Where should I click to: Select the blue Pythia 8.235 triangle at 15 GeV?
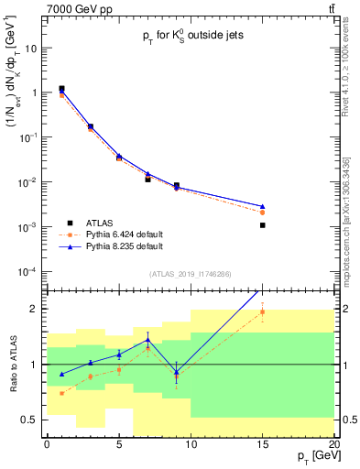point(262,206)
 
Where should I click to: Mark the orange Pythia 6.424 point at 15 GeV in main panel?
point(262,213)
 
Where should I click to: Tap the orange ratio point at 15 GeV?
point(262,312)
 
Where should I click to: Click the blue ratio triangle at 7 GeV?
point(147,340)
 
